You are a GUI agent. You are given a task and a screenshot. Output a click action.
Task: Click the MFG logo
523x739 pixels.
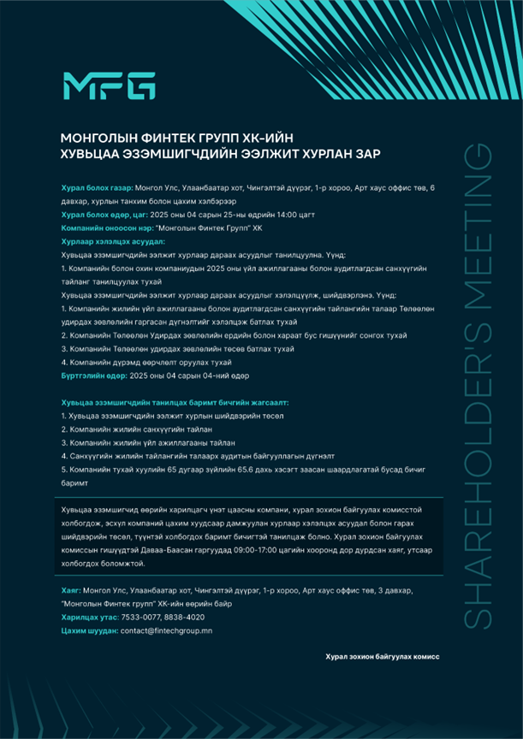pos(109,86)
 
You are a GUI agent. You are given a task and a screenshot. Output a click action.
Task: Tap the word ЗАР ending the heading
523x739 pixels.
pos(366,154)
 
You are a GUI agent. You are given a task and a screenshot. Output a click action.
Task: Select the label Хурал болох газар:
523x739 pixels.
pos(98,186)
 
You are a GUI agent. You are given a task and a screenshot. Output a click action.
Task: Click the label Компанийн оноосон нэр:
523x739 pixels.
pos(105,228)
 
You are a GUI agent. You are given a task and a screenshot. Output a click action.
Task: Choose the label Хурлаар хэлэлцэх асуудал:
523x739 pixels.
pos(107,242)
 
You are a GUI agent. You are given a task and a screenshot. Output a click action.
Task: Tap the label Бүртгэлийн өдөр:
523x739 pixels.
pos(93,375)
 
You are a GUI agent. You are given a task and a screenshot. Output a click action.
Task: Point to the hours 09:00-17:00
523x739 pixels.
pos(258,550)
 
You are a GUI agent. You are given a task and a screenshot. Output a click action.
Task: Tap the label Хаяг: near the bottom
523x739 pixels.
pos(72,591)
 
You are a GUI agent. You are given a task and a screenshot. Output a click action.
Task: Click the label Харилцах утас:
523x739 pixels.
pos(90,617)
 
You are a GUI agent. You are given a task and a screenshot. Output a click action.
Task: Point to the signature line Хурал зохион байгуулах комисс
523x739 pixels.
pos(382,656)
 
